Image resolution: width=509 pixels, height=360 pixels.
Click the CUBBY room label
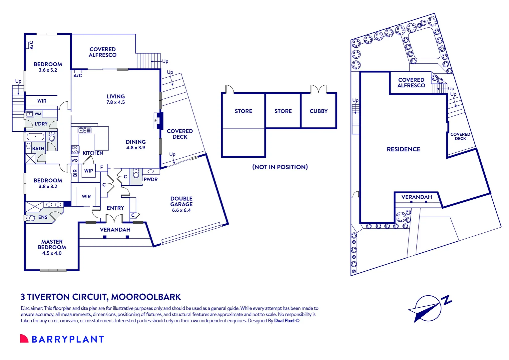(x=318, y=111)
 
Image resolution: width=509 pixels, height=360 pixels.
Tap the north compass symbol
(x=429, y=309)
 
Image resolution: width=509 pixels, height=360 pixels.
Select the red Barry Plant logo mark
(x=24, y=338)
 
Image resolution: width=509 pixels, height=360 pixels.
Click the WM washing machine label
(x=38, y=114)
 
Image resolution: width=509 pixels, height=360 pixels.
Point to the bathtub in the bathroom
(x=35, y=137)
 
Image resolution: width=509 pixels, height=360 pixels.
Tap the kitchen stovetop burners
(x=75, y=150)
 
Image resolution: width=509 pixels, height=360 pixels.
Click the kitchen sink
(x=85, y=130)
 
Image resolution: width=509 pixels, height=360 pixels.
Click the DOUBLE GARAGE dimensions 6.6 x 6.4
(x=181, y=210)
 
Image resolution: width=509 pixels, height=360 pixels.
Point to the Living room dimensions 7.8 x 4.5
(x=116, y=102)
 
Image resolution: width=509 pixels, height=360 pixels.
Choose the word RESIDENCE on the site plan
(x=403, y=149)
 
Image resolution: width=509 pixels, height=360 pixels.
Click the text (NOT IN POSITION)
(x=280, y=167)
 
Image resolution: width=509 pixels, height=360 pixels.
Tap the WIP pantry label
(x=88, y=171)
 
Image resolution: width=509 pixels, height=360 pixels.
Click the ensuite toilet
(x=30, y=218)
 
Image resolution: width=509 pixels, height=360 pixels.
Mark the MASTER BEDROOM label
(x=52, y=244)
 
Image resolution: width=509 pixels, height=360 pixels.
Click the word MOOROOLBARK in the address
(x=146, y=297)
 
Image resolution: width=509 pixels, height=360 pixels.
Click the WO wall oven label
(x=75, y=160)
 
